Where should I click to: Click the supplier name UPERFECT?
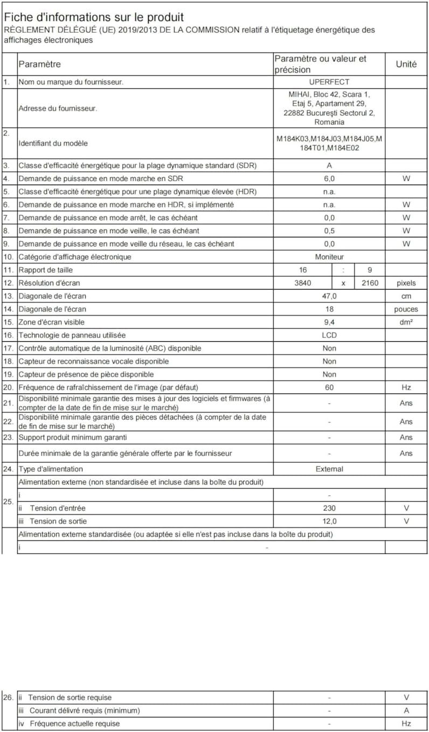(329, 82)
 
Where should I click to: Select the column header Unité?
(406, 64)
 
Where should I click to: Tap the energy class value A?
(329, 165)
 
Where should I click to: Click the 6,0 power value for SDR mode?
(329, 178)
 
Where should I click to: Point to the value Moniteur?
(329, 257)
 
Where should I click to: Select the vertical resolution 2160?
(369, 283)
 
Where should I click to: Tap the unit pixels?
(406, 283)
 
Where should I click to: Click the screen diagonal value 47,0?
(329, 296)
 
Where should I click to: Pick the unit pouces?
(406, 309)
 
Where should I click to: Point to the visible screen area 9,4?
(329, 322)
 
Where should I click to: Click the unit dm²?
(406, 322)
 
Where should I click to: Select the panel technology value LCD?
(329, 335)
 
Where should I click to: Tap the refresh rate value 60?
(329, 387)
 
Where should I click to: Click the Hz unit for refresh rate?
(406, 387)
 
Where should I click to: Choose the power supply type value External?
(329, 469)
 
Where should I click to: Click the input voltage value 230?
(329, 508)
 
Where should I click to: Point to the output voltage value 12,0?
(329, 521)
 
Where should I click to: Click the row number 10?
(8, 257)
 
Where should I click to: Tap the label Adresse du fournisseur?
(58, 108)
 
